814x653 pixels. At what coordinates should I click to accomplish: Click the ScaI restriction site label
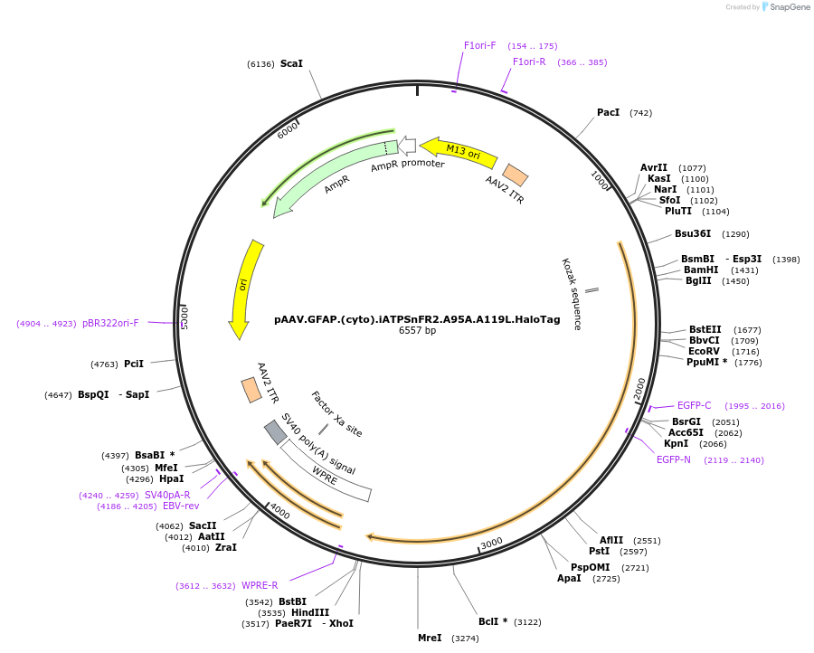click(x=291, y=63)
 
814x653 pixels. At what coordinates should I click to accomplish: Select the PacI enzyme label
click(x=608, y=112)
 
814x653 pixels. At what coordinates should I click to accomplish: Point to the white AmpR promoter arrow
click(x=408, y=145)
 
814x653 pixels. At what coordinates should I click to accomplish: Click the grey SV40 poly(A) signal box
click(x=275, y=432)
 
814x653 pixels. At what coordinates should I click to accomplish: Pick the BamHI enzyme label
click(x=701, y=270)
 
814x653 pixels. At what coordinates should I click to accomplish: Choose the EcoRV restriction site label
click(x=704, y=350)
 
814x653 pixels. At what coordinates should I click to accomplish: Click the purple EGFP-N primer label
click(x=673, y=459)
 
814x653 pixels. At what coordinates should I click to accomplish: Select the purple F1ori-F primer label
click(x=479, y=45)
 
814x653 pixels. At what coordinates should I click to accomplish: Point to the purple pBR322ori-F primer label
click(x=110, y=323)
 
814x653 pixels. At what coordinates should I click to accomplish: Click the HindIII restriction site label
click(x=310, y=612)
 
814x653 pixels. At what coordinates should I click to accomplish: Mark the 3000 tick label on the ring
click(x=491, y=543)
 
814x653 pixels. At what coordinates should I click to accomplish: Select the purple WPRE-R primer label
click(x=260, y=585)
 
